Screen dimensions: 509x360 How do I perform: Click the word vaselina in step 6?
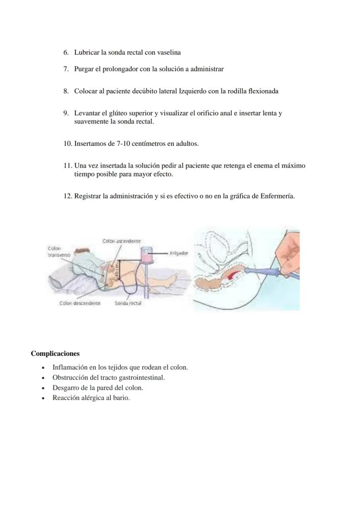[x=169, y=53]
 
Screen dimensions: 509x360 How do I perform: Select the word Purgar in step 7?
[x=84, y=69]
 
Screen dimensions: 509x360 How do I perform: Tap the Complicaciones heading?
[x=55, y=354]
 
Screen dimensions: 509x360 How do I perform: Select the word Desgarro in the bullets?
[x=65, y=388]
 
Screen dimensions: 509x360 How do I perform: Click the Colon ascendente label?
[x=122, y=241]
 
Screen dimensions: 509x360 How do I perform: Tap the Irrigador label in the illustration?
[x=179, y=252]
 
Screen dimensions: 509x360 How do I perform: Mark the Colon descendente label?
[x=80, y=303]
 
